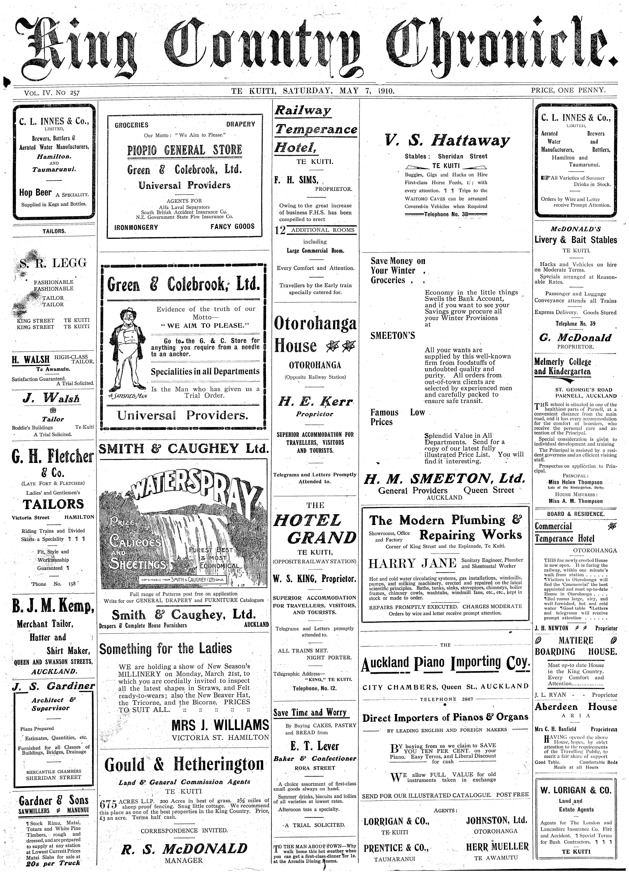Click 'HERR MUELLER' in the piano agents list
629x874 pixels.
[x=497, y=847]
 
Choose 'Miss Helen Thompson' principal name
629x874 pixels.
[x=575, y=482]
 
